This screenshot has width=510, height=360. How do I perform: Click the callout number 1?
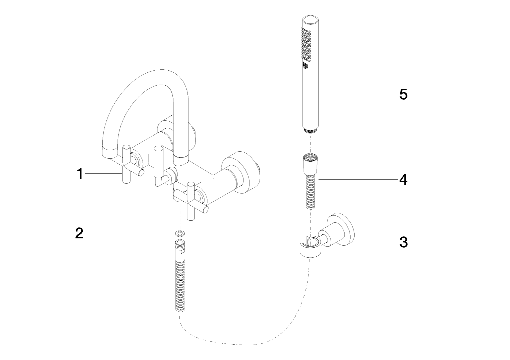click(80, 174)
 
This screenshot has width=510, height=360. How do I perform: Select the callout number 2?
click(79, 233)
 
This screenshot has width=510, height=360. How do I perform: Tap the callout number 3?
click(404, 242)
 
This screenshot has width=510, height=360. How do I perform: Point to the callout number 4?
click(403, 180)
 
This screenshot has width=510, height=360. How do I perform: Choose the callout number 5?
click(404, 94)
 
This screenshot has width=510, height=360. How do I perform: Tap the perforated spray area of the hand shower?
click(306, 44)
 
